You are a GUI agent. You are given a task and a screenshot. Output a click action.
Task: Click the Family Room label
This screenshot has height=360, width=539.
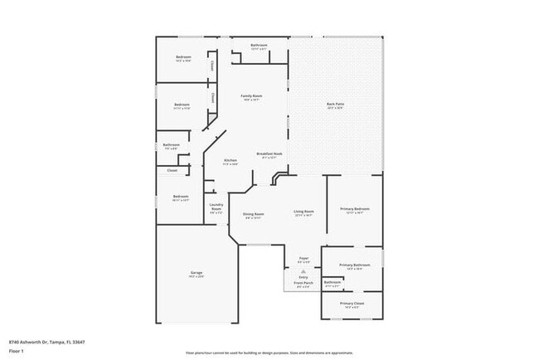(251, 96)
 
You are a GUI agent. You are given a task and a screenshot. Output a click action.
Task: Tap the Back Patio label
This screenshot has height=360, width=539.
(336, 104)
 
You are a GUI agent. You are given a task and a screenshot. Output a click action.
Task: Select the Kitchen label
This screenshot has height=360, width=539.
(231, 160)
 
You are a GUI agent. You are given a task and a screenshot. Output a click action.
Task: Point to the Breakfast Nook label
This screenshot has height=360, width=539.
(270, 153)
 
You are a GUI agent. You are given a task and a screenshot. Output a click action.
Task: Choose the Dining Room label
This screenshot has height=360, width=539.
(253, 213)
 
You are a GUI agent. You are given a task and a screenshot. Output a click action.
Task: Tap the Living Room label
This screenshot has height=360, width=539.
(303, 212)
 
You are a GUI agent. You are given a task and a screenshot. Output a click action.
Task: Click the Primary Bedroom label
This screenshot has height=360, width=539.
(355, 208)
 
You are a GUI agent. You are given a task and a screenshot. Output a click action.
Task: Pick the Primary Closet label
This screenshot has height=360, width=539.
(352, 304)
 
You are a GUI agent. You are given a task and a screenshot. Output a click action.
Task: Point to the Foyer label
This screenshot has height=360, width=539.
(303, 258)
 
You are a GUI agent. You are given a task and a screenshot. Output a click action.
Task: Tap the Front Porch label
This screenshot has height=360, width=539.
(303, 282)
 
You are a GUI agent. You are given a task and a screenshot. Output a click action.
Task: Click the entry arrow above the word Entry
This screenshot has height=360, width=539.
(303, 271)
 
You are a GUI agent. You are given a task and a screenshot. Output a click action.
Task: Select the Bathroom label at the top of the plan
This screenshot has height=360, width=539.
(259, 45)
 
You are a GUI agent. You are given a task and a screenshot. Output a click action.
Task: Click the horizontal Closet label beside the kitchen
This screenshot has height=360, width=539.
(172, 170)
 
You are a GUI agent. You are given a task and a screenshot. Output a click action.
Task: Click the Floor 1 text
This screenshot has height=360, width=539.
(17, 351)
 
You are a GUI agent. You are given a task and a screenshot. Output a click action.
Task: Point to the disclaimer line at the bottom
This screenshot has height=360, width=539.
(269, 353)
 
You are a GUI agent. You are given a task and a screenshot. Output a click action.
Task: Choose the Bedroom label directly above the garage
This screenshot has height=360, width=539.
(181, 197)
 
